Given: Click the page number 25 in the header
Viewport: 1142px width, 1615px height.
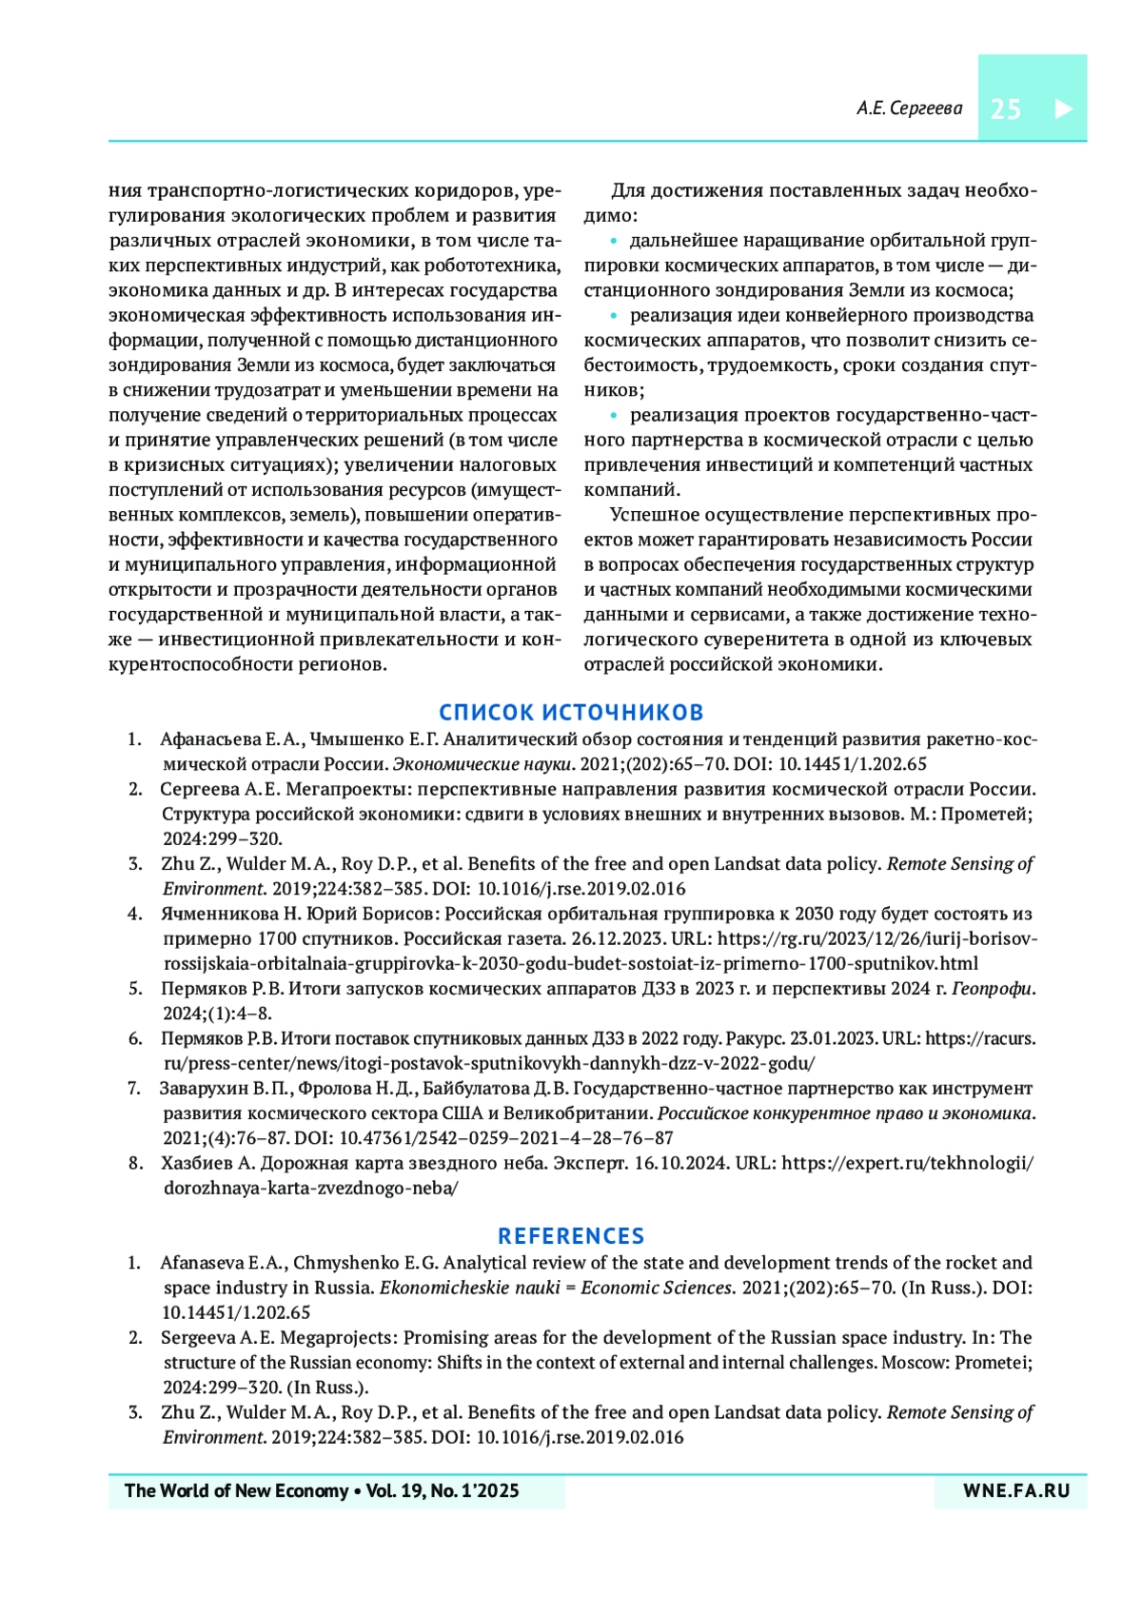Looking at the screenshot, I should click(x=1005, y=109).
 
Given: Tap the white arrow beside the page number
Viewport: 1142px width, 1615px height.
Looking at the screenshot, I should click(x=1063, y=108).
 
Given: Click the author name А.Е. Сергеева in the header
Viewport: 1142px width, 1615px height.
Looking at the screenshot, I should click(x=909, y=108).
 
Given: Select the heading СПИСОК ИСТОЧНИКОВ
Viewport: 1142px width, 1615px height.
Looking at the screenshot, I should click(x=571, y=712).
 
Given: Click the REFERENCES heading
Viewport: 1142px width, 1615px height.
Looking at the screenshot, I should click(x=571, y=1236).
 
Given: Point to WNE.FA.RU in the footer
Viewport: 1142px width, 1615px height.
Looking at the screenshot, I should click(x=1016, y=1491).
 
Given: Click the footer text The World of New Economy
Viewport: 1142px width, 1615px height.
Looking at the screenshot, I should click(x=237, y=1491).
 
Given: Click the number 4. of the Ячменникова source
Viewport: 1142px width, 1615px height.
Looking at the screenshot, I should click(x=135, y=914).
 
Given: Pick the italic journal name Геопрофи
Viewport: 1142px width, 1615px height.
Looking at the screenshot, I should click(x=992, y=989).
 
